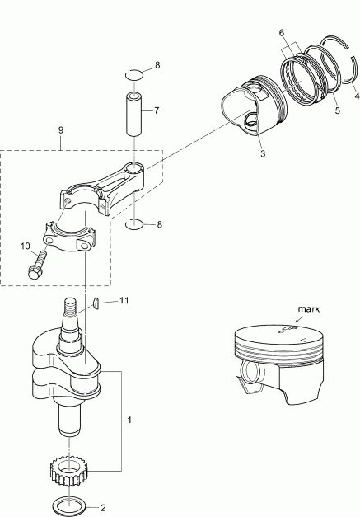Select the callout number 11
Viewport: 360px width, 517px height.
click(124, 302)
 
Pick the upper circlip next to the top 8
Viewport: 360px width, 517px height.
click(136, 76)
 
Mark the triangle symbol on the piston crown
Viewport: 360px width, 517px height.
click(304, 338)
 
